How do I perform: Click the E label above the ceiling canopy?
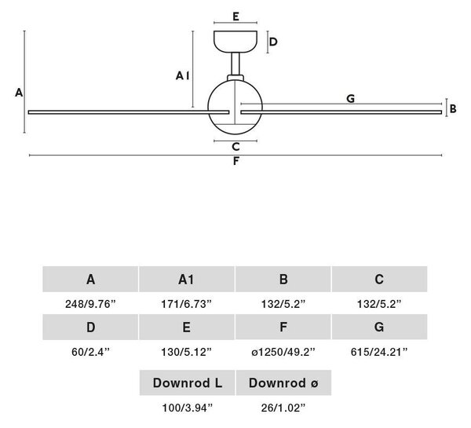coord(235,16)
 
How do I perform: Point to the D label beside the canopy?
coord(273,42)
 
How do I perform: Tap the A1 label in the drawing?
coord(183,75)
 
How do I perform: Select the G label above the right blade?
coord(351,98)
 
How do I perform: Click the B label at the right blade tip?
coord(453,108)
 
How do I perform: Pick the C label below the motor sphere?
coord(235,147)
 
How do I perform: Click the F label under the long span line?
coord(236,161)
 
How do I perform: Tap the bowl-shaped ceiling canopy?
coord(235,42)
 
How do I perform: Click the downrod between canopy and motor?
coord(235,64)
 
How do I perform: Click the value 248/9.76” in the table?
coord(90,304)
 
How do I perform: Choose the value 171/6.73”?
coord(187,304)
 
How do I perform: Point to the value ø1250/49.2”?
coord(283,352)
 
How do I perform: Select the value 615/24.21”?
coord(379,352)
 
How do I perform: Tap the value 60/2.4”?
coord(91,352)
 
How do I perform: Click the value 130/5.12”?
coord(187,352)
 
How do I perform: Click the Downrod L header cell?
coord(187,382)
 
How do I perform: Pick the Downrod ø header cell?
coord(283,382)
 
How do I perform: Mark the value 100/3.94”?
coord(187,408)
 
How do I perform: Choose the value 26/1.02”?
coord(283,408)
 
